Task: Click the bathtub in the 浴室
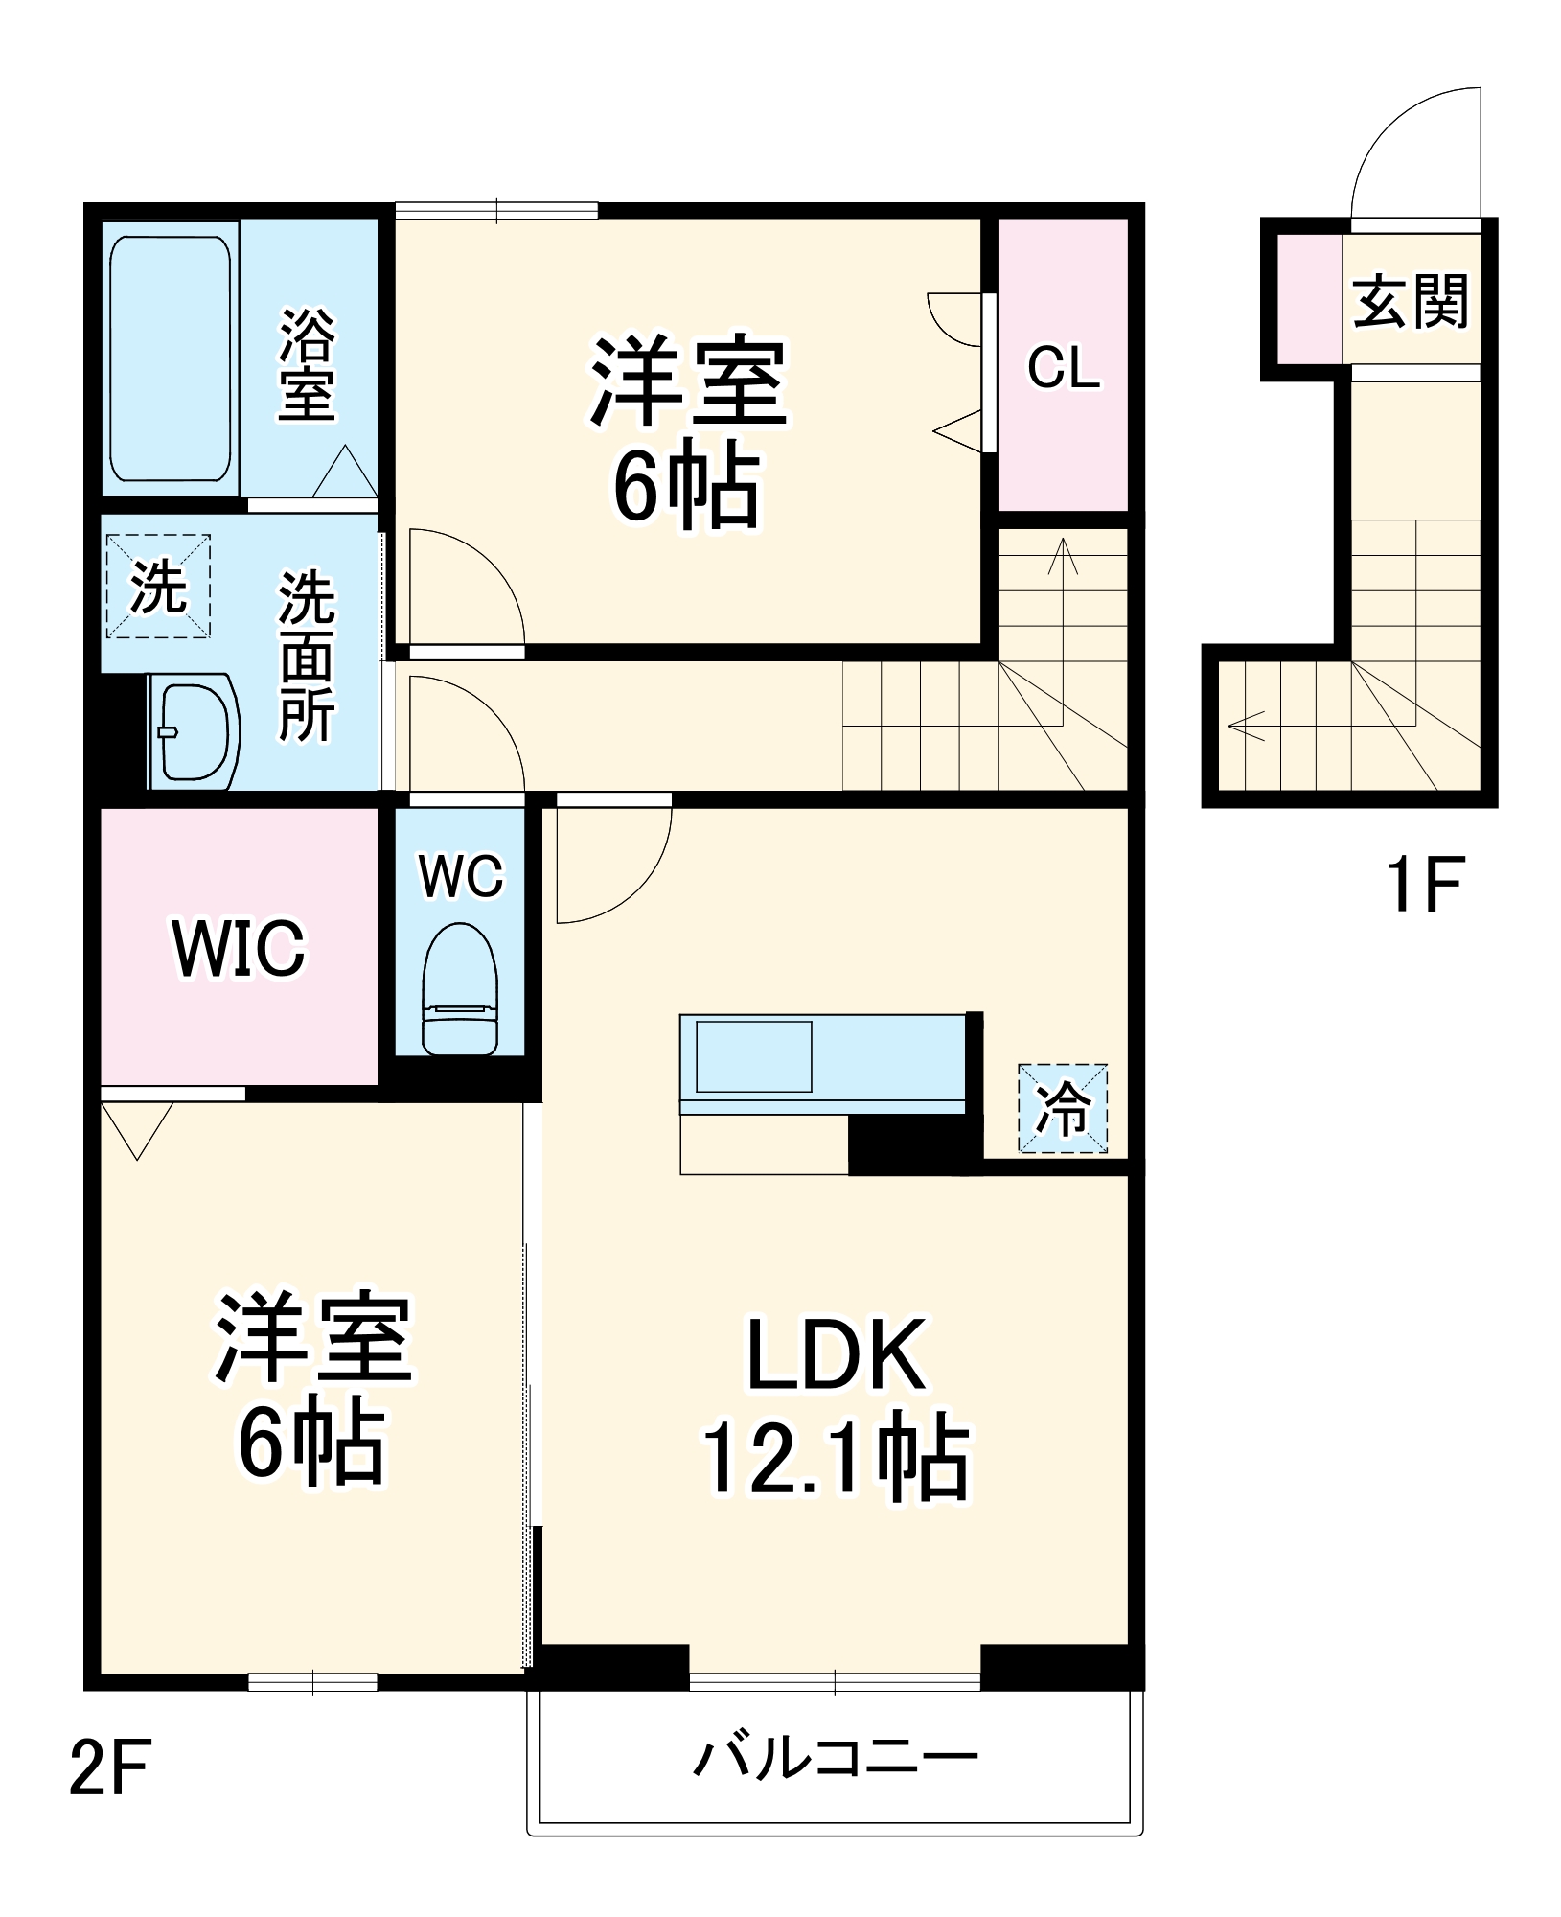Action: (x=171, y=358)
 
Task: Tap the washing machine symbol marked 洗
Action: (x=158, y=587)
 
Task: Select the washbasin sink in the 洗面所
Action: (x=195, y=730)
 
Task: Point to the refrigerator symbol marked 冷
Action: (x=1062, y=1108)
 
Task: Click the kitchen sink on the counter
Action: (x=753, y=1056)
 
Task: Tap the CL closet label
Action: (x=1064, y=368)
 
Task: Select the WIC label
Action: (x=240, y=949)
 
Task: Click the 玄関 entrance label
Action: (x=1411, y=302)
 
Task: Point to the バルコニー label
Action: (x=836, y=1758)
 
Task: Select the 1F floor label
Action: (x=1423, y=886)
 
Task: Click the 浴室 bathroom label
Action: (x=307, y=364)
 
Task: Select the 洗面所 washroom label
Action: (x=307, y=656)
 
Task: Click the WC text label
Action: (x=461, y=876)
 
